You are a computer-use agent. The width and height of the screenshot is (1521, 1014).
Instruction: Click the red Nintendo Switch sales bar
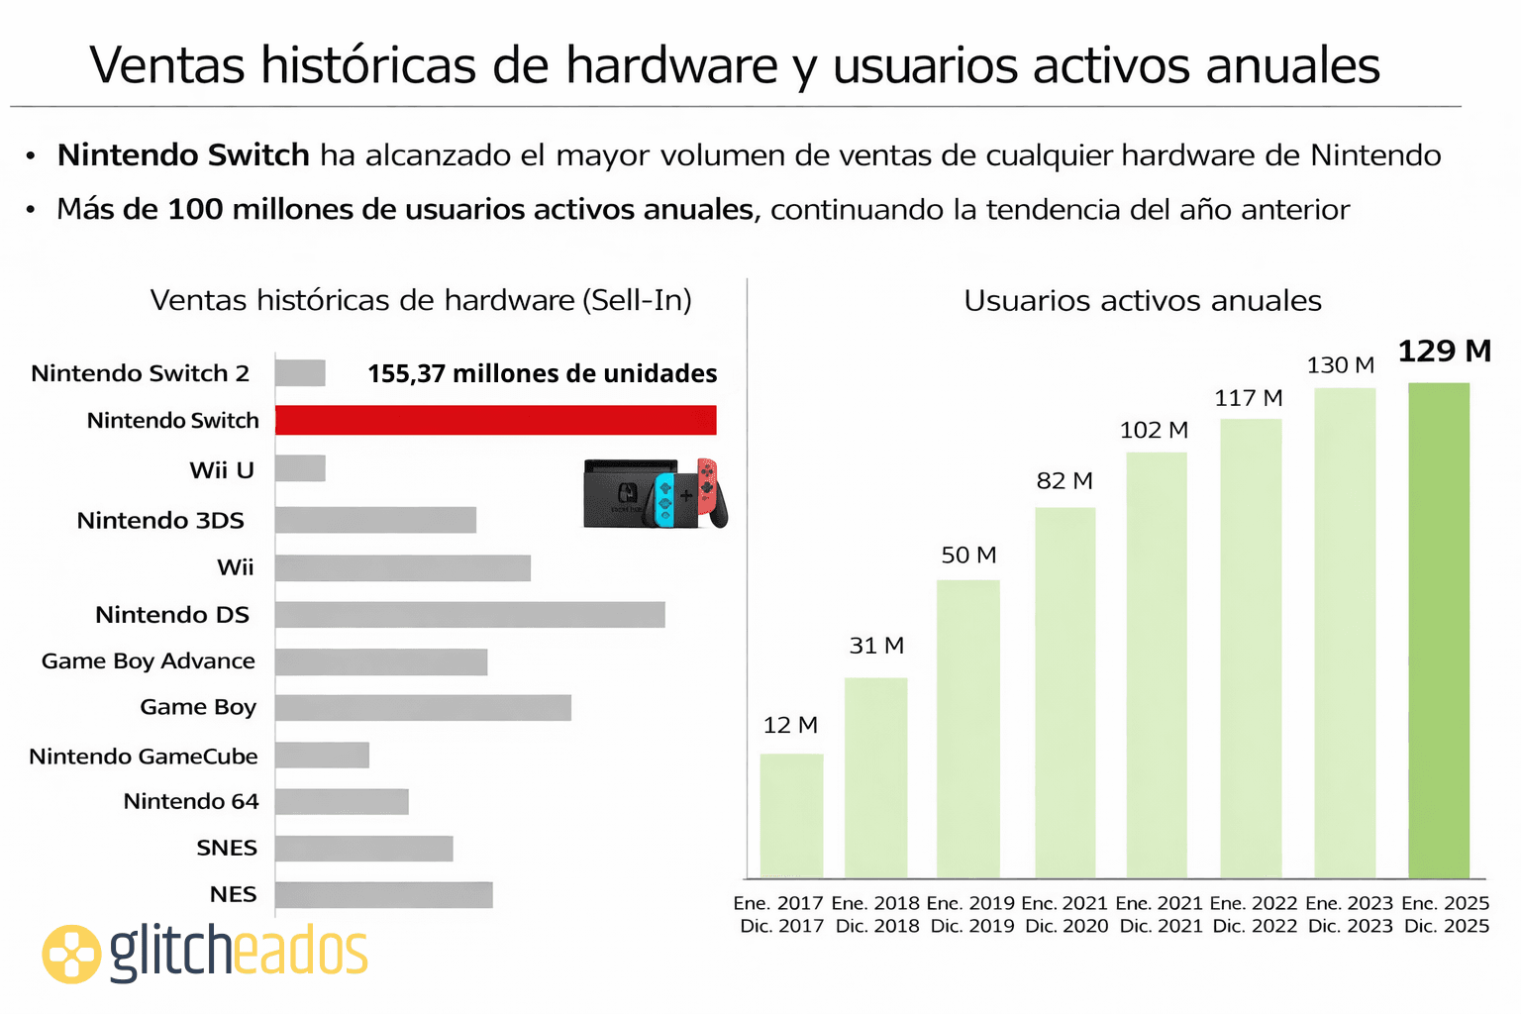tap(495, 420)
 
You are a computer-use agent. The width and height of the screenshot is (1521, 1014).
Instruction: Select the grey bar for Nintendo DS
tap(469, 615)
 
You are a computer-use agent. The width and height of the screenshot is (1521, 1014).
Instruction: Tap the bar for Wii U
tap(300, 468)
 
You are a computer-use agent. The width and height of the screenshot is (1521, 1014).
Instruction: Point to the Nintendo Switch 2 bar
tap(300, 373)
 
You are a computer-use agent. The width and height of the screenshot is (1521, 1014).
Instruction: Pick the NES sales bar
tap(383, 895)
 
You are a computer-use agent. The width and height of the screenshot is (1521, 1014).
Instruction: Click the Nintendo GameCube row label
tap(144, 757)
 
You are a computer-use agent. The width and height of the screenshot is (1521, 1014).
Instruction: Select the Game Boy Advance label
tap(149, 661)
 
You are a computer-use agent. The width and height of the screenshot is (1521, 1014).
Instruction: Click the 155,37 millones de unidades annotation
tap(542, 373)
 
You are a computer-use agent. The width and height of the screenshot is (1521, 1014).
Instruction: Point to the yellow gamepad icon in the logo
tap(71, 955)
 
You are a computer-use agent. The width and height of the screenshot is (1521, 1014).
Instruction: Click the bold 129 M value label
tap(1444, 352)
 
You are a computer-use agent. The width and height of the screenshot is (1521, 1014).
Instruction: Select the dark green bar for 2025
tap(1439, 630)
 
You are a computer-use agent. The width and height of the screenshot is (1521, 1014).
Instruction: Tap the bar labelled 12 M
tap(791, 816)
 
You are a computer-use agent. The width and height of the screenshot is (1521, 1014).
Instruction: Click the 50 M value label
tap(968, 556)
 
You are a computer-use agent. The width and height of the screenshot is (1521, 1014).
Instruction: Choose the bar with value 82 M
tap(1065, 692)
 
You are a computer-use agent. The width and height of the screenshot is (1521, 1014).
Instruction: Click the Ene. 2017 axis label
tap(778, 903)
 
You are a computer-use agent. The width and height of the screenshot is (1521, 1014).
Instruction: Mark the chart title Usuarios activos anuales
tap(1143, 301)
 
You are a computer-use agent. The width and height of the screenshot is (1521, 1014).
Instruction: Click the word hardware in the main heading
tap(671, 66)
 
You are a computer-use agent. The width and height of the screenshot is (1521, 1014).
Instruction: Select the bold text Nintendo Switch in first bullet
tap(183, 155)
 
